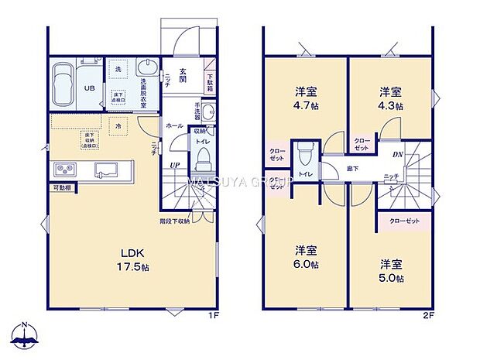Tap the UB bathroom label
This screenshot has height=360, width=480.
coord(89,88)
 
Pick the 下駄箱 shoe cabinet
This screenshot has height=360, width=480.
coord(210,81)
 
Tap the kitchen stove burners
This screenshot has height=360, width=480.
coord(63,170)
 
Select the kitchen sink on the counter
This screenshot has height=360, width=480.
coord(106,170)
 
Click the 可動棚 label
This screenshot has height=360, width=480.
coord(62,188)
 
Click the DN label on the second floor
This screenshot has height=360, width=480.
coord(396,155)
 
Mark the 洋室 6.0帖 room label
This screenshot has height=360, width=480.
coord(307,256)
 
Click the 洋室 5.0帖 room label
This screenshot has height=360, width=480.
coord(390,268)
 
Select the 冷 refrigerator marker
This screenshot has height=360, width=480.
coord(118,125)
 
